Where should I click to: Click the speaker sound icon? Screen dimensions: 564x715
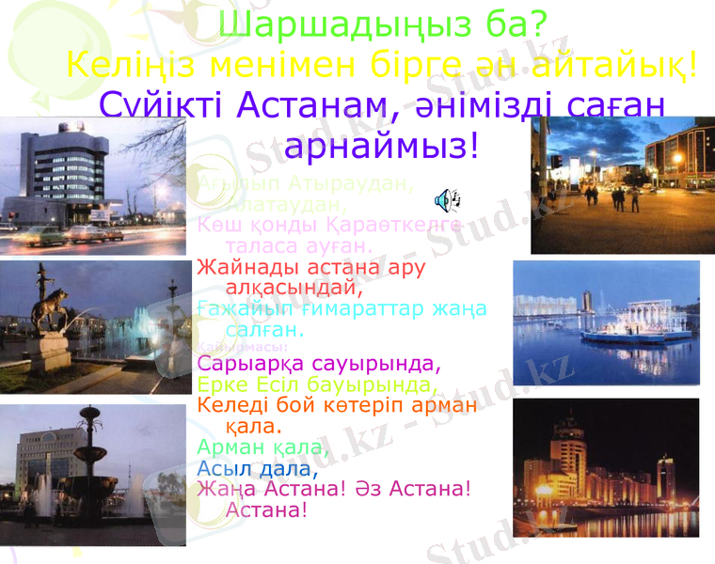click(x=447, y=198)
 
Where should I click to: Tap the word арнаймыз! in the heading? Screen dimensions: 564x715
click(x=381, y=145)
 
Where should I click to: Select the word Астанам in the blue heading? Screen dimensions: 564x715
click(x=316, y=104)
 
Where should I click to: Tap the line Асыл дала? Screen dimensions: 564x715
click(x=253, y=467)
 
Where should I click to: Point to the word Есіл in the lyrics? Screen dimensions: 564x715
click(x=294, y=384)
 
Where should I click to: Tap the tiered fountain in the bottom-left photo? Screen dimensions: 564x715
click(x=90, y=461)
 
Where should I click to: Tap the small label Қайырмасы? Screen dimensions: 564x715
click(x=230, y=345)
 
